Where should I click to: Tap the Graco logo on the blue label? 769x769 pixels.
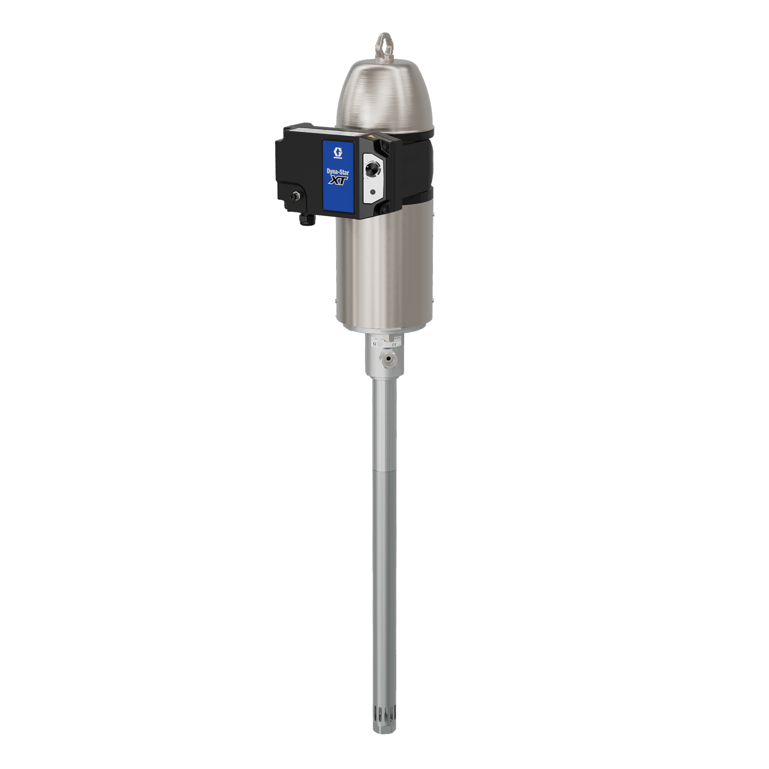pos(338,153)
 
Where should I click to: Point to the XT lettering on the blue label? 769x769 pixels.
pos(338,181)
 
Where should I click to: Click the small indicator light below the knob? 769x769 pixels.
pos(373,192)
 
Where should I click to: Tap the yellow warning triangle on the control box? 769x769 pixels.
pos(372,137)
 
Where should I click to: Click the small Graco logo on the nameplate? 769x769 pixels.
pos(374,344)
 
